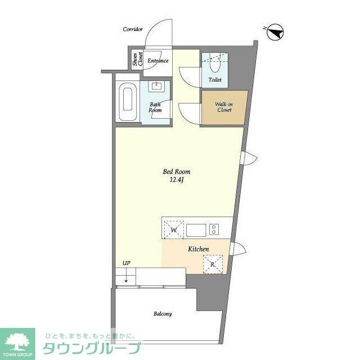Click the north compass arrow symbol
275,33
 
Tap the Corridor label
133,29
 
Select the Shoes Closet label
138,59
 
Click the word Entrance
158,61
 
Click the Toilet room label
215,80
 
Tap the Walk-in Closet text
224,107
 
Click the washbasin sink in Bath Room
157,86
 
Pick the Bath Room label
155,107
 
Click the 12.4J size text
176,180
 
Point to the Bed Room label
176,172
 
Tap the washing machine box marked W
174,230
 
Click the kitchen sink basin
196,230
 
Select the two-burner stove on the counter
214,229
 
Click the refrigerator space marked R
213,264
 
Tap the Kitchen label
199,249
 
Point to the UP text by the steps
126,263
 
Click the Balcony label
163,314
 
